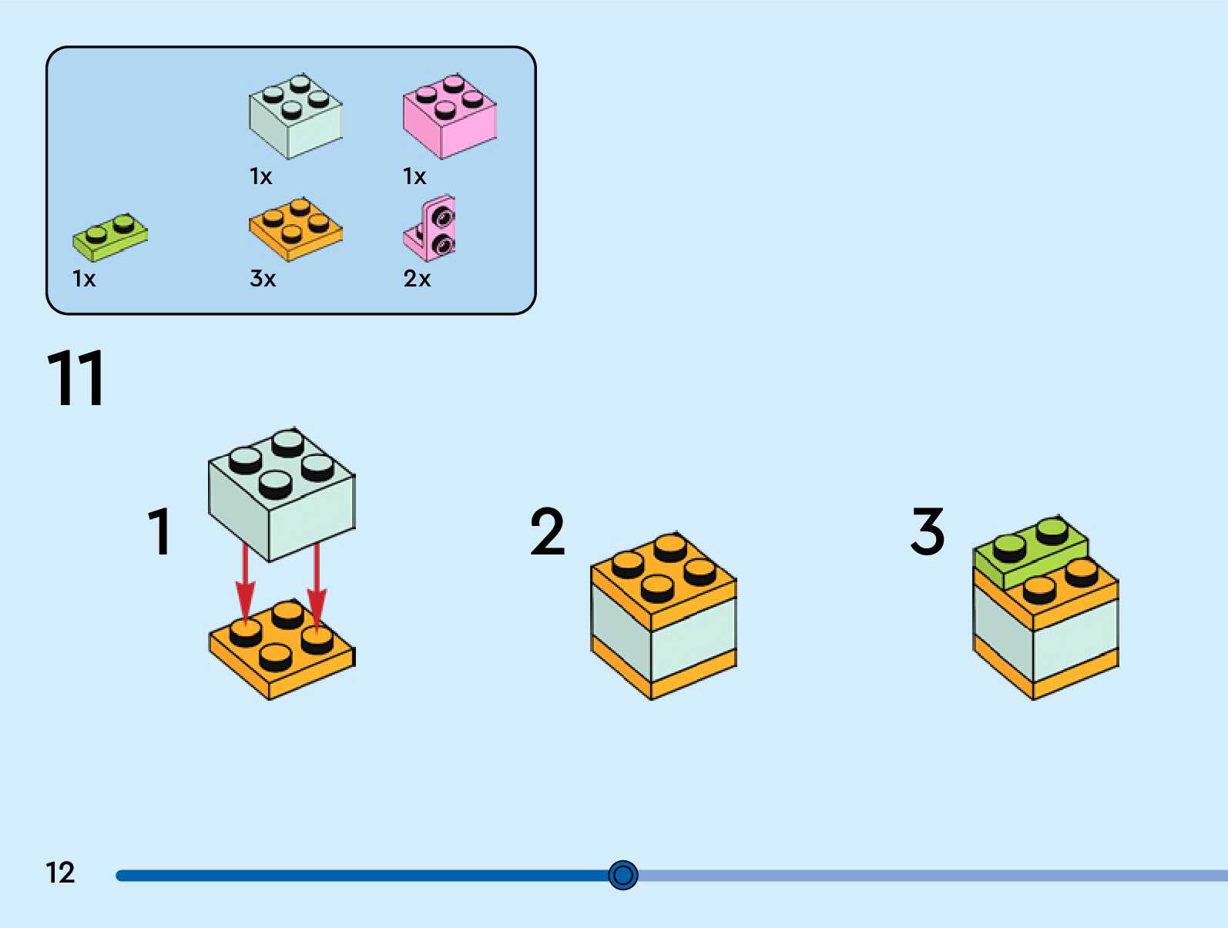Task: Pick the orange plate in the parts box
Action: tap(295, 229)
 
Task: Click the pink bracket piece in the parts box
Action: tap(431, 229)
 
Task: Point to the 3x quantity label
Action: tap(263, 278)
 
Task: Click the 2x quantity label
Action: tap(417, 278)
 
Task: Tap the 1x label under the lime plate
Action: tap(84, 278)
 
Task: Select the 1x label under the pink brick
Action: tap(414, 176)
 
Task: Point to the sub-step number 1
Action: tap(159, 531)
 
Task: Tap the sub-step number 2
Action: tap(548, 531)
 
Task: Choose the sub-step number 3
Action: tap(928, 531)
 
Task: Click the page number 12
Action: tap(60, 873)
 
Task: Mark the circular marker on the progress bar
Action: tap(623, 875)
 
